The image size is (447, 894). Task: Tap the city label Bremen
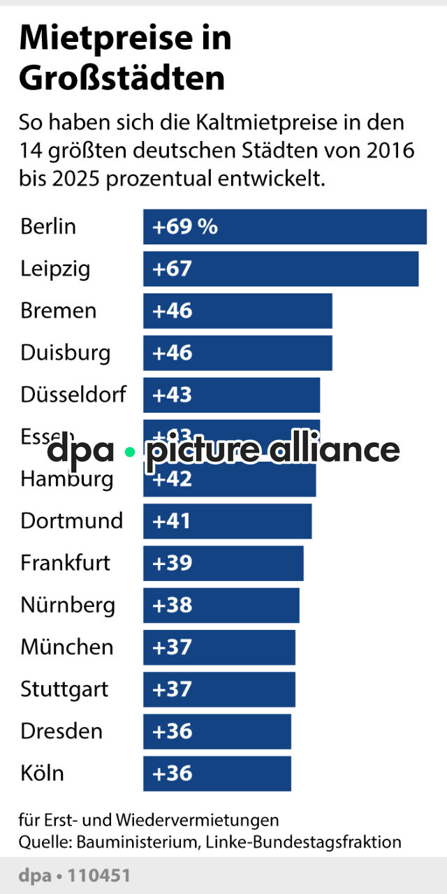point(59,311)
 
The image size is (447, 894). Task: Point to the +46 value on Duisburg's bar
point(173,353)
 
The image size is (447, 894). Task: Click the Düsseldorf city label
point(73,395)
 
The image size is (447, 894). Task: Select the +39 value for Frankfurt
point(173,563)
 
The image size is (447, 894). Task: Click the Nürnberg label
point(68,605)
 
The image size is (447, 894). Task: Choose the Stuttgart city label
point(64,689)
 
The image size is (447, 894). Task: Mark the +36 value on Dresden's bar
point(173,731)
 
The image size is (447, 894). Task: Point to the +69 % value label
point(185,227)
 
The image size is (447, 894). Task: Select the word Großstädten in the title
point(122,79)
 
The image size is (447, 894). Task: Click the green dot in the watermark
point(129,452)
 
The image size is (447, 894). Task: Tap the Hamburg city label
point(66,479)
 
